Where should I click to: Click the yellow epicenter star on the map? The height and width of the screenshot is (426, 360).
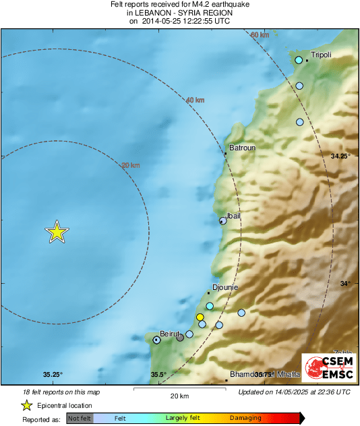pos(57,232)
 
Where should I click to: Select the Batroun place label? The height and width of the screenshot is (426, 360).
pos(241,148)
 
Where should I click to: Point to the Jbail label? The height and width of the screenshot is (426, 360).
pos(232,216)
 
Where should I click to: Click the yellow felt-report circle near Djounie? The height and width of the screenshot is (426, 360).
pos(200,317)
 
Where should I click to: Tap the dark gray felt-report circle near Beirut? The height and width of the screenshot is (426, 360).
pos(180,338)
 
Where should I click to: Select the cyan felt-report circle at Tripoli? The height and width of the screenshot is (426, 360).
pos(299,61)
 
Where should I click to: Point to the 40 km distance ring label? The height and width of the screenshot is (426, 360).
pos(195,100)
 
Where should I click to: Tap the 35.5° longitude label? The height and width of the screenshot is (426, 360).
pos(158,375)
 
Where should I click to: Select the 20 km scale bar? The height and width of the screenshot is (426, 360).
pos(179,390)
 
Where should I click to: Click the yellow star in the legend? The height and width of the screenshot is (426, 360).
pos(26,405)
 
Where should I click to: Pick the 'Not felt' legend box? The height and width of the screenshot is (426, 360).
pos(80,419)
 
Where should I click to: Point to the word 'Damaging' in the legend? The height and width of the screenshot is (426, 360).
pos(245,419)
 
